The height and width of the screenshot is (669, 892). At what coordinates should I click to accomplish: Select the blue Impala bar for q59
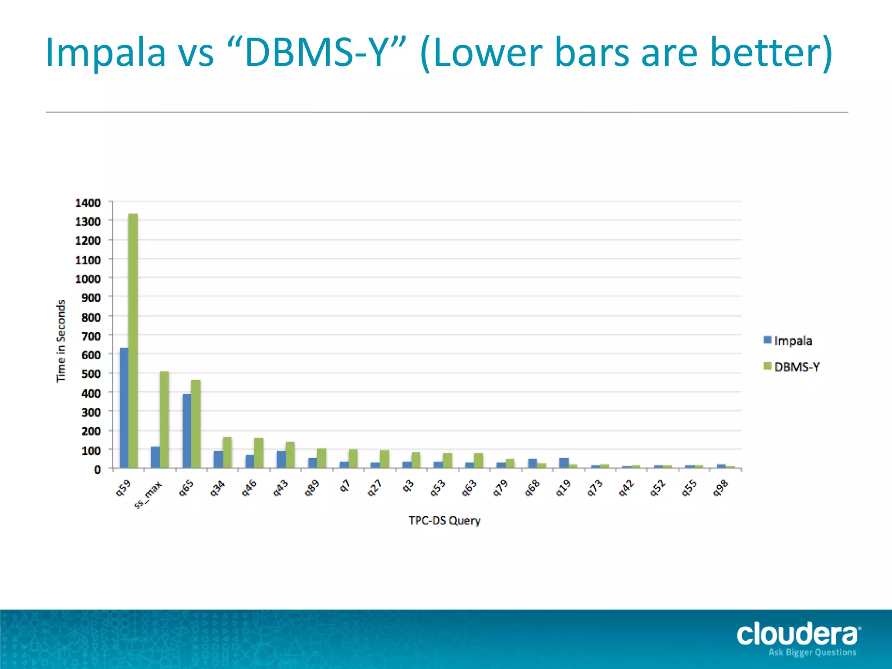click(124, 408)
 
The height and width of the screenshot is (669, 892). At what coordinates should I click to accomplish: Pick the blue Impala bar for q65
click(187, 431)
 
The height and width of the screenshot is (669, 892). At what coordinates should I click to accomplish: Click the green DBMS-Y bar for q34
click(227, 453)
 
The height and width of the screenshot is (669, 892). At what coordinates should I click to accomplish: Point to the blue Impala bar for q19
click(564, 463)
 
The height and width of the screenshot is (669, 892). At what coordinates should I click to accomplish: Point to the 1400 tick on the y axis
click(88, 203)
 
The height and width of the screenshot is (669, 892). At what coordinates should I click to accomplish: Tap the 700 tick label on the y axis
click(91, 336)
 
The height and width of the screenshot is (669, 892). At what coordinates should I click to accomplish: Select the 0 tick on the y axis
click(98, 470)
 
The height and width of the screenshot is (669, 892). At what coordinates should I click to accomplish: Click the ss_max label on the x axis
click(148, 494)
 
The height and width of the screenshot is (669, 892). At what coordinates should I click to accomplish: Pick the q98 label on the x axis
click(720, 488)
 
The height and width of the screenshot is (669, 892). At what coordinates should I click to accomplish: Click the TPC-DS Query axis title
click(444, 520)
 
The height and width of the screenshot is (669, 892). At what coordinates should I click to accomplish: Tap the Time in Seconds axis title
click(61, 341)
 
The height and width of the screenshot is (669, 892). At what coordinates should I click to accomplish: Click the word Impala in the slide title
click(106, 52)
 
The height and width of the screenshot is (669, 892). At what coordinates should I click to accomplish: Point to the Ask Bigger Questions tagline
click(812, 652)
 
